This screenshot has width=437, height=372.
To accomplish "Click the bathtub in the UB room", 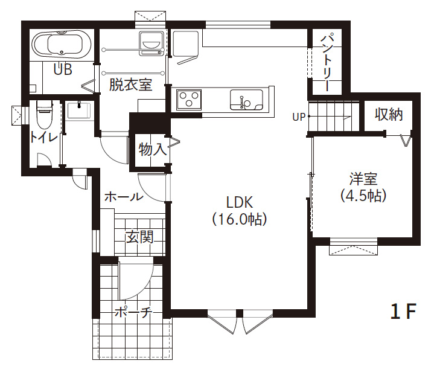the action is coord(62,44).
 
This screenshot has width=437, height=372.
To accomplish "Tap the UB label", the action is coord(63,69).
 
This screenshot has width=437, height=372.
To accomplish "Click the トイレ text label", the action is coord(43,138).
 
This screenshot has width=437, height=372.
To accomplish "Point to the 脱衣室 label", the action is coord(131,85).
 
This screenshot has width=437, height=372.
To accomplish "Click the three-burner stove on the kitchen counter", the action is coord(189,99).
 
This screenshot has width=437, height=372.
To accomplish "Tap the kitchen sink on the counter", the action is coord(246,100).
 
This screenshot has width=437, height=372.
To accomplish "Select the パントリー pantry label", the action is coord(327,62).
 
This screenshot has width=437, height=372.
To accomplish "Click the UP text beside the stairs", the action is coord(299,117).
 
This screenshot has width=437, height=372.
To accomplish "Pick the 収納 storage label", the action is coord(389,114).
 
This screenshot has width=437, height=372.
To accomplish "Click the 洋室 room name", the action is coord(363,179).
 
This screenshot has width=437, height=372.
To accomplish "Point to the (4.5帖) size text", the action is coord(363,196).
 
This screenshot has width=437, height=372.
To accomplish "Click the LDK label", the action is coord(240,202).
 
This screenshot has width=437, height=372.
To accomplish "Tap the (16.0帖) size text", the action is coord(240,219).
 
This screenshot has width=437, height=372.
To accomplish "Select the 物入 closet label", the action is coord(153,150).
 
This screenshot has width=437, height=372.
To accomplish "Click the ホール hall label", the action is coord(124,197).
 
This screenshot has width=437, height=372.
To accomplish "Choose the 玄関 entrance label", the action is coord(139,237).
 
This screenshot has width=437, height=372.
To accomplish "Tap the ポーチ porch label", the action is coord(133,313).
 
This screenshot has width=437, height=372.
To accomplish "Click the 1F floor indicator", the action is coord(403,311).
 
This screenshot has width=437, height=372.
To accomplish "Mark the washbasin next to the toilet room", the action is coord(78,111).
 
